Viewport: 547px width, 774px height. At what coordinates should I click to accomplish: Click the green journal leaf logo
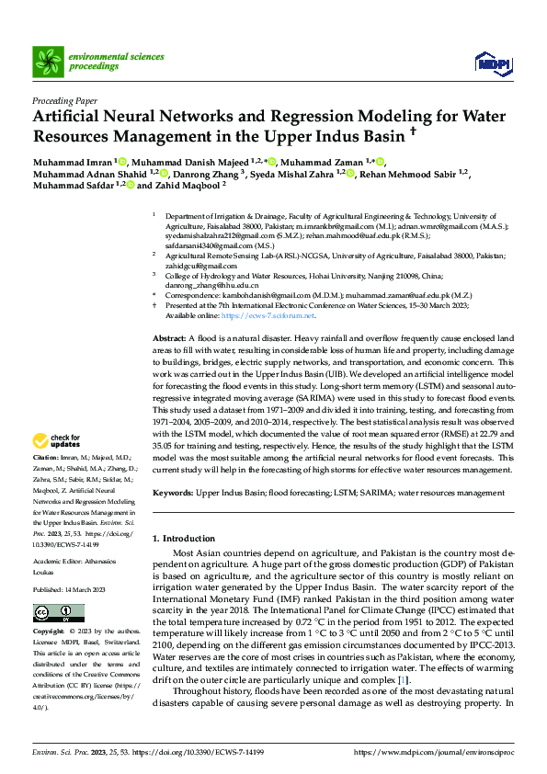47,61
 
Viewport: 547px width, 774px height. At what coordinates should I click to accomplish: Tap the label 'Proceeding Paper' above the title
64,102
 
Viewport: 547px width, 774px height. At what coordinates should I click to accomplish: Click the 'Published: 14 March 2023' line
68,588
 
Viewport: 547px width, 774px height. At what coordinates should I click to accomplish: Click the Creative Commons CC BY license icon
54,613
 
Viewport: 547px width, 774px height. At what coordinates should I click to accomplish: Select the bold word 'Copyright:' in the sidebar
49,633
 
